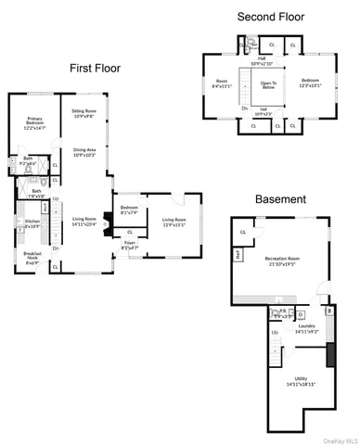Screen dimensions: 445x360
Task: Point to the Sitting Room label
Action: (84, 113)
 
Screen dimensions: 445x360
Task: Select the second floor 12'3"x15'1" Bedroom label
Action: (309, 82)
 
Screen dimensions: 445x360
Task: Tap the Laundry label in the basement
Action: (308, 328)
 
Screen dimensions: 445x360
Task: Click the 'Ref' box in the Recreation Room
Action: (238, 252)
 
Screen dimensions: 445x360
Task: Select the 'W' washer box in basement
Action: (329, 312)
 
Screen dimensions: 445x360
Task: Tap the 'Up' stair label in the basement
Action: (275, 332)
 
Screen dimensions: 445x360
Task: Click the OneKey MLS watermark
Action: (339, 439)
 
